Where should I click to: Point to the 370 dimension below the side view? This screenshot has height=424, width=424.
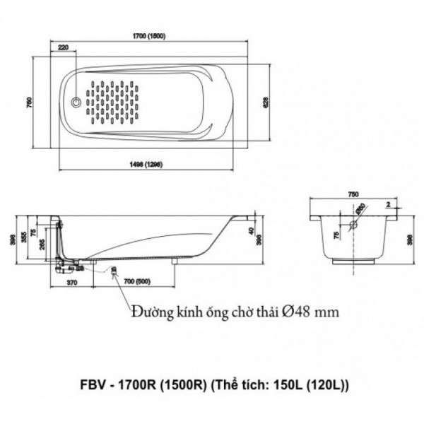click(72, 282)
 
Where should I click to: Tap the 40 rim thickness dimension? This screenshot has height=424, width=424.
click(252, 230)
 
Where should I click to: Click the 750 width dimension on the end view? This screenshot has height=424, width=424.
click(353, 194)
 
